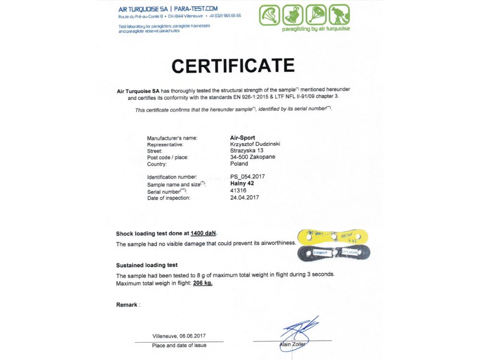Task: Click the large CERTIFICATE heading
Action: pos(233,66)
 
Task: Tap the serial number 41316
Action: pos(239,191)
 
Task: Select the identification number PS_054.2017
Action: pos(247,177)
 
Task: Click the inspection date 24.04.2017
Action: pos(244,197)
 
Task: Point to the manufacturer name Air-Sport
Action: pos(243,138)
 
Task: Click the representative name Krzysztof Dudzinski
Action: pos(255,144)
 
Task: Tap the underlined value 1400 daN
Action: pos(203,234)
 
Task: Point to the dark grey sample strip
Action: pos(334,252)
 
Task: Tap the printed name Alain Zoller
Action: pos(292,344)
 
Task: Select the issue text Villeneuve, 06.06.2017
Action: pos(179,336)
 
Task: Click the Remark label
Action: pos(128,305)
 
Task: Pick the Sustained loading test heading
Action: pos(147,265)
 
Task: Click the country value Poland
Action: pos(239,164)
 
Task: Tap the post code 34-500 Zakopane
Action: pos(252,157)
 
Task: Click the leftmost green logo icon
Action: pos(269,15)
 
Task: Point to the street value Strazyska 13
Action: pos(246,150)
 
